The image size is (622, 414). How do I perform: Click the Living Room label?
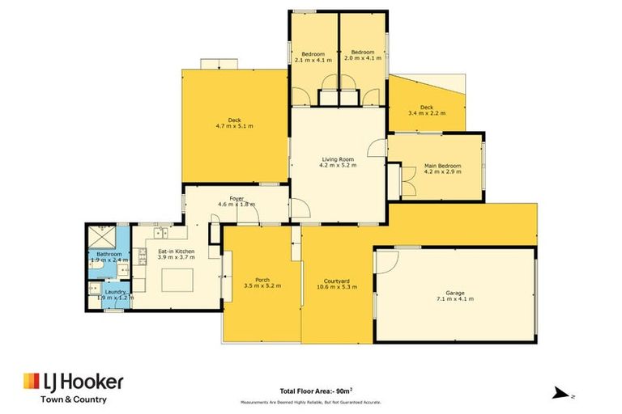(339, 162)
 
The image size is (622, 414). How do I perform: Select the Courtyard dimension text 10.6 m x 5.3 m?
(338, 287)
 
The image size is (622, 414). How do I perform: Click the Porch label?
(262, 282)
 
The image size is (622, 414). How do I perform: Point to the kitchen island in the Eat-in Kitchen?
(178, 281)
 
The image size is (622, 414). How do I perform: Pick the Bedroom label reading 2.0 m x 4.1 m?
(361, 57)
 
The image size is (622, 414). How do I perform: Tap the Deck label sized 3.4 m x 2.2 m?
(426, 110)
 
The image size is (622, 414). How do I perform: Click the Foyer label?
(236, 201)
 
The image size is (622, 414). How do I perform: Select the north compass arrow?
(560, 393)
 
